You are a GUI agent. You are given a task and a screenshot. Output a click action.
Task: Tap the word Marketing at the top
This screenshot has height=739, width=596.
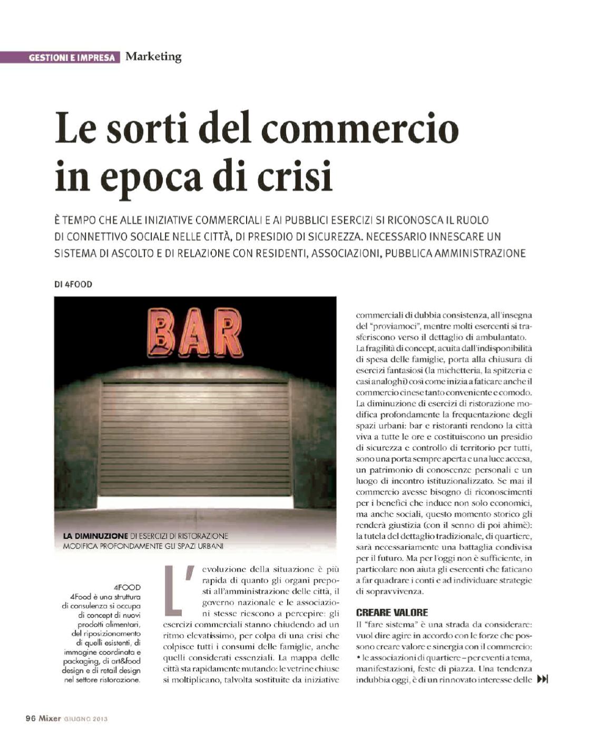(153, 56)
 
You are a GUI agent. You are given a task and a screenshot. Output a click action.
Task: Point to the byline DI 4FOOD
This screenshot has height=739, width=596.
(73, 284)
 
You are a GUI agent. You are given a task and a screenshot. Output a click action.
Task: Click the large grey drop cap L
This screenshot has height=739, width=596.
(174, 590)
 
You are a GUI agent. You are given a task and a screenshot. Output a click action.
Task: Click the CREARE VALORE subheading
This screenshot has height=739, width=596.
(392, 613)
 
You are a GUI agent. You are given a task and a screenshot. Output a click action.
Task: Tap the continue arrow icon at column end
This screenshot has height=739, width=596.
(542, 679)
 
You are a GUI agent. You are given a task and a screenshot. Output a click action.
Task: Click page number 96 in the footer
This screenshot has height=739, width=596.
(31, 718)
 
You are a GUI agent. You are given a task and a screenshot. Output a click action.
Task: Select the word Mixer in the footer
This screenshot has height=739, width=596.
(50, 718)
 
